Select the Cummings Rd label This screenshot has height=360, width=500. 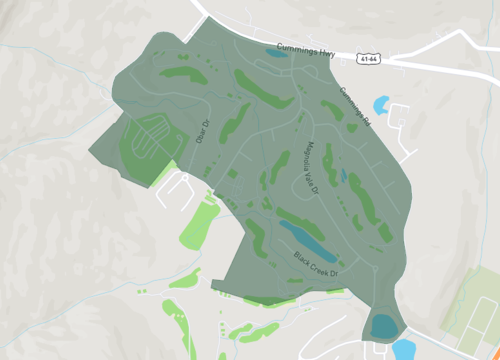[x=354, y=106]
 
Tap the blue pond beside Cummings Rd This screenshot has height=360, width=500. [x=381, y=104]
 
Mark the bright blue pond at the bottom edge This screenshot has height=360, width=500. [x=404, y=349]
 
